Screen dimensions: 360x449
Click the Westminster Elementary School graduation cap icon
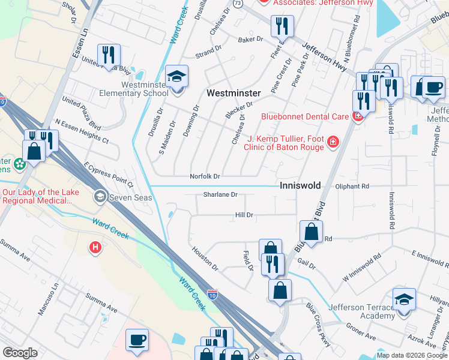tap(177, 76)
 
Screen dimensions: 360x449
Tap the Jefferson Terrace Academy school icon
tap(404, 299)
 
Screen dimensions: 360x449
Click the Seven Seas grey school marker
tap(100, 196)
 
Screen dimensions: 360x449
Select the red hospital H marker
tap(95, 247)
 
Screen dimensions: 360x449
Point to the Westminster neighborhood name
tap(234, 93)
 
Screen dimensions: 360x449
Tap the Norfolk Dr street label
tap(205, 176)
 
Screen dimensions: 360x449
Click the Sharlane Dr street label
tap(220, 194)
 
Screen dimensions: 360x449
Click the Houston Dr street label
tap(205, 257)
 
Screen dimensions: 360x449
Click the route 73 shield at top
tap(238, 3)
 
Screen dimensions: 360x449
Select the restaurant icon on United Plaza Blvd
tap(109, 55)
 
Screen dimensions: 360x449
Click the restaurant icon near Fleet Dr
tap(281, 26)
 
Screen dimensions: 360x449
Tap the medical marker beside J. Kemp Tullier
tap(332, 142)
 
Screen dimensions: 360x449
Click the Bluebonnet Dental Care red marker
tap(358, 116)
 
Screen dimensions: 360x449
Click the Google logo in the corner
tap(20, 353)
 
